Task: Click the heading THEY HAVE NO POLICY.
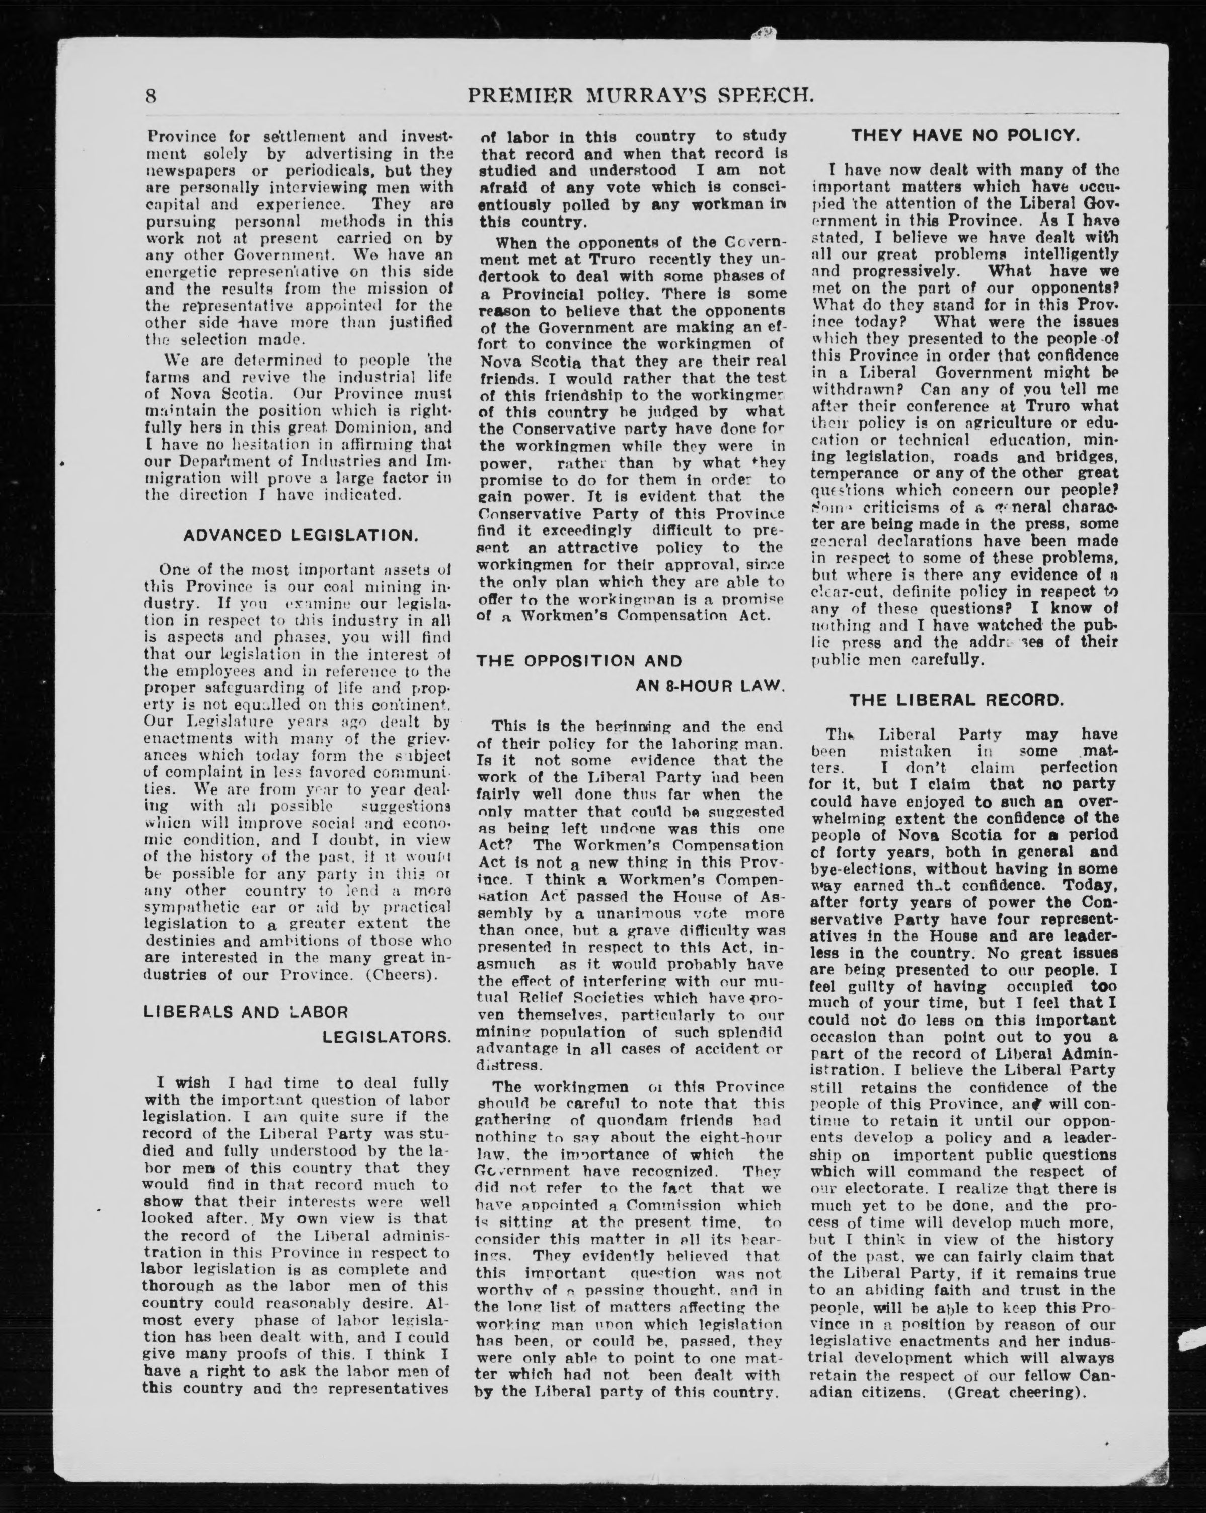[965, 135]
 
